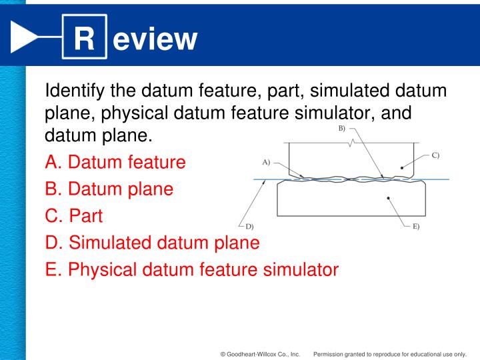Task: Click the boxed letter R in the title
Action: tap(83, 39)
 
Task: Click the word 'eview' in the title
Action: tap(155, 39)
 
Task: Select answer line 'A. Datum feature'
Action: tap(115, 162)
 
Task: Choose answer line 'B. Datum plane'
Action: tap(109, 189)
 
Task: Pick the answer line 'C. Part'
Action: tap(74, 216)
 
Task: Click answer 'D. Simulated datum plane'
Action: tap(152, 243)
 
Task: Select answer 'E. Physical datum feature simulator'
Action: tap(192, 270)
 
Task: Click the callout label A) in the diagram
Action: tap(266, 161)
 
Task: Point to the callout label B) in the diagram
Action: tap(342, 128)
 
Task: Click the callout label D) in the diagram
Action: tap(249, 227)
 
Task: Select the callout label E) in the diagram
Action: tap(415, 227)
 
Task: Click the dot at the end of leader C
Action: tap(402, 168)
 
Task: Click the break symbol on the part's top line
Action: tap(351, 143)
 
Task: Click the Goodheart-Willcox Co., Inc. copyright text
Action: tap(260, 354)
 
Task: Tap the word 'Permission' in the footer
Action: tap(329, 354)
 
